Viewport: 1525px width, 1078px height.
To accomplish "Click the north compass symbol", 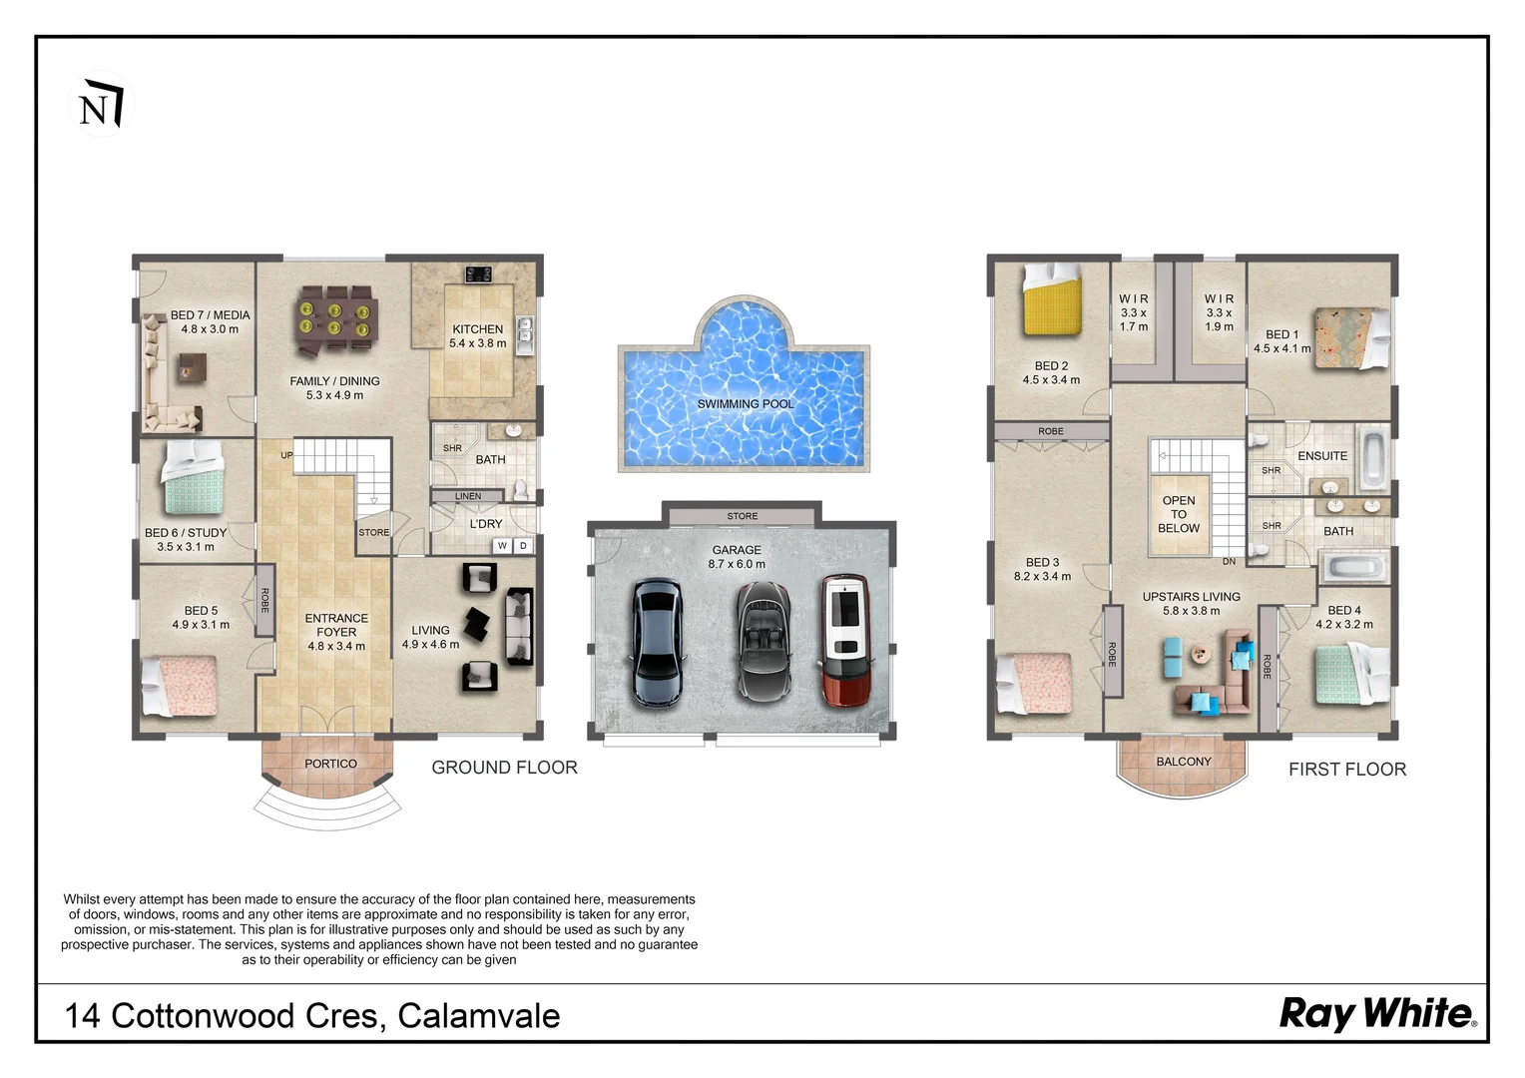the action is (101, 104).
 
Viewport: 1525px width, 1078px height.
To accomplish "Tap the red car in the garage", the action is (845, 641).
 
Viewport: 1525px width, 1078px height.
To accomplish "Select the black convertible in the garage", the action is (763, 641).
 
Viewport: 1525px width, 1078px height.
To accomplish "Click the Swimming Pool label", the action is (745, 404).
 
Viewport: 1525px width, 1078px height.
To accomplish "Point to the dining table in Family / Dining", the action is (335, 319).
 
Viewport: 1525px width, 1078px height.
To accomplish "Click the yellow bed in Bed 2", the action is (1052, 300).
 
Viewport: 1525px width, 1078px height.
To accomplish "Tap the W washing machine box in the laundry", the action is (502, 545).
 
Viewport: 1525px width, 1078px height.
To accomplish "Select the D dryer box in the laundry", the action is (523, 545).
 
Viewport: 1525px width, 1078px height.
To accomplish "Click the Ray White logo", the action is (1378, 1015).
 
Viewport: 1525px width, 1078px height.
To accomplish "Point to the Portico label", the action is (330, 764).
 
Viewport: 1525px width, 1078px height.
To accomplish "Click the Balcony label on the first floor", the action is (1184, 762).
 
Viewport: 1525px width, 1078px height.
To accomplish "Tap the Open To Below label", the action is (1179, 514).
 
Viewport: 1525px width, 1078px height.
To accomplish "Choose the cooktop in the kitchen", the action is (478, 274).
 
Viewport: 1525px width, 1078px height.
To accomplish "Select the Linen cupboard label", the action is (468, 496).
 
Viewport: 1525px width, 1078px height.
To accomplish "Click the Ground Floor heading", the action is (504, 768).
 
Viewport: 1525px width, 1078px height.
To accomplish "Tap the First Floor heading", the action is (1347, 770).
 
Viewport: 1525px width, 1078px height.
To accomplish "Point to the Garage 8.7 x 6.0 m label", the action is (737, 557).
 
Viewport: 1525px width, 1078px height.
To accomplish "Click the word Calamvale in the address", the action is (479, 1016).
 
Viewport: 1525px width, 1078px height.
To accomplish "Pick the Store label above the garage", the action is (743, 516).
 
